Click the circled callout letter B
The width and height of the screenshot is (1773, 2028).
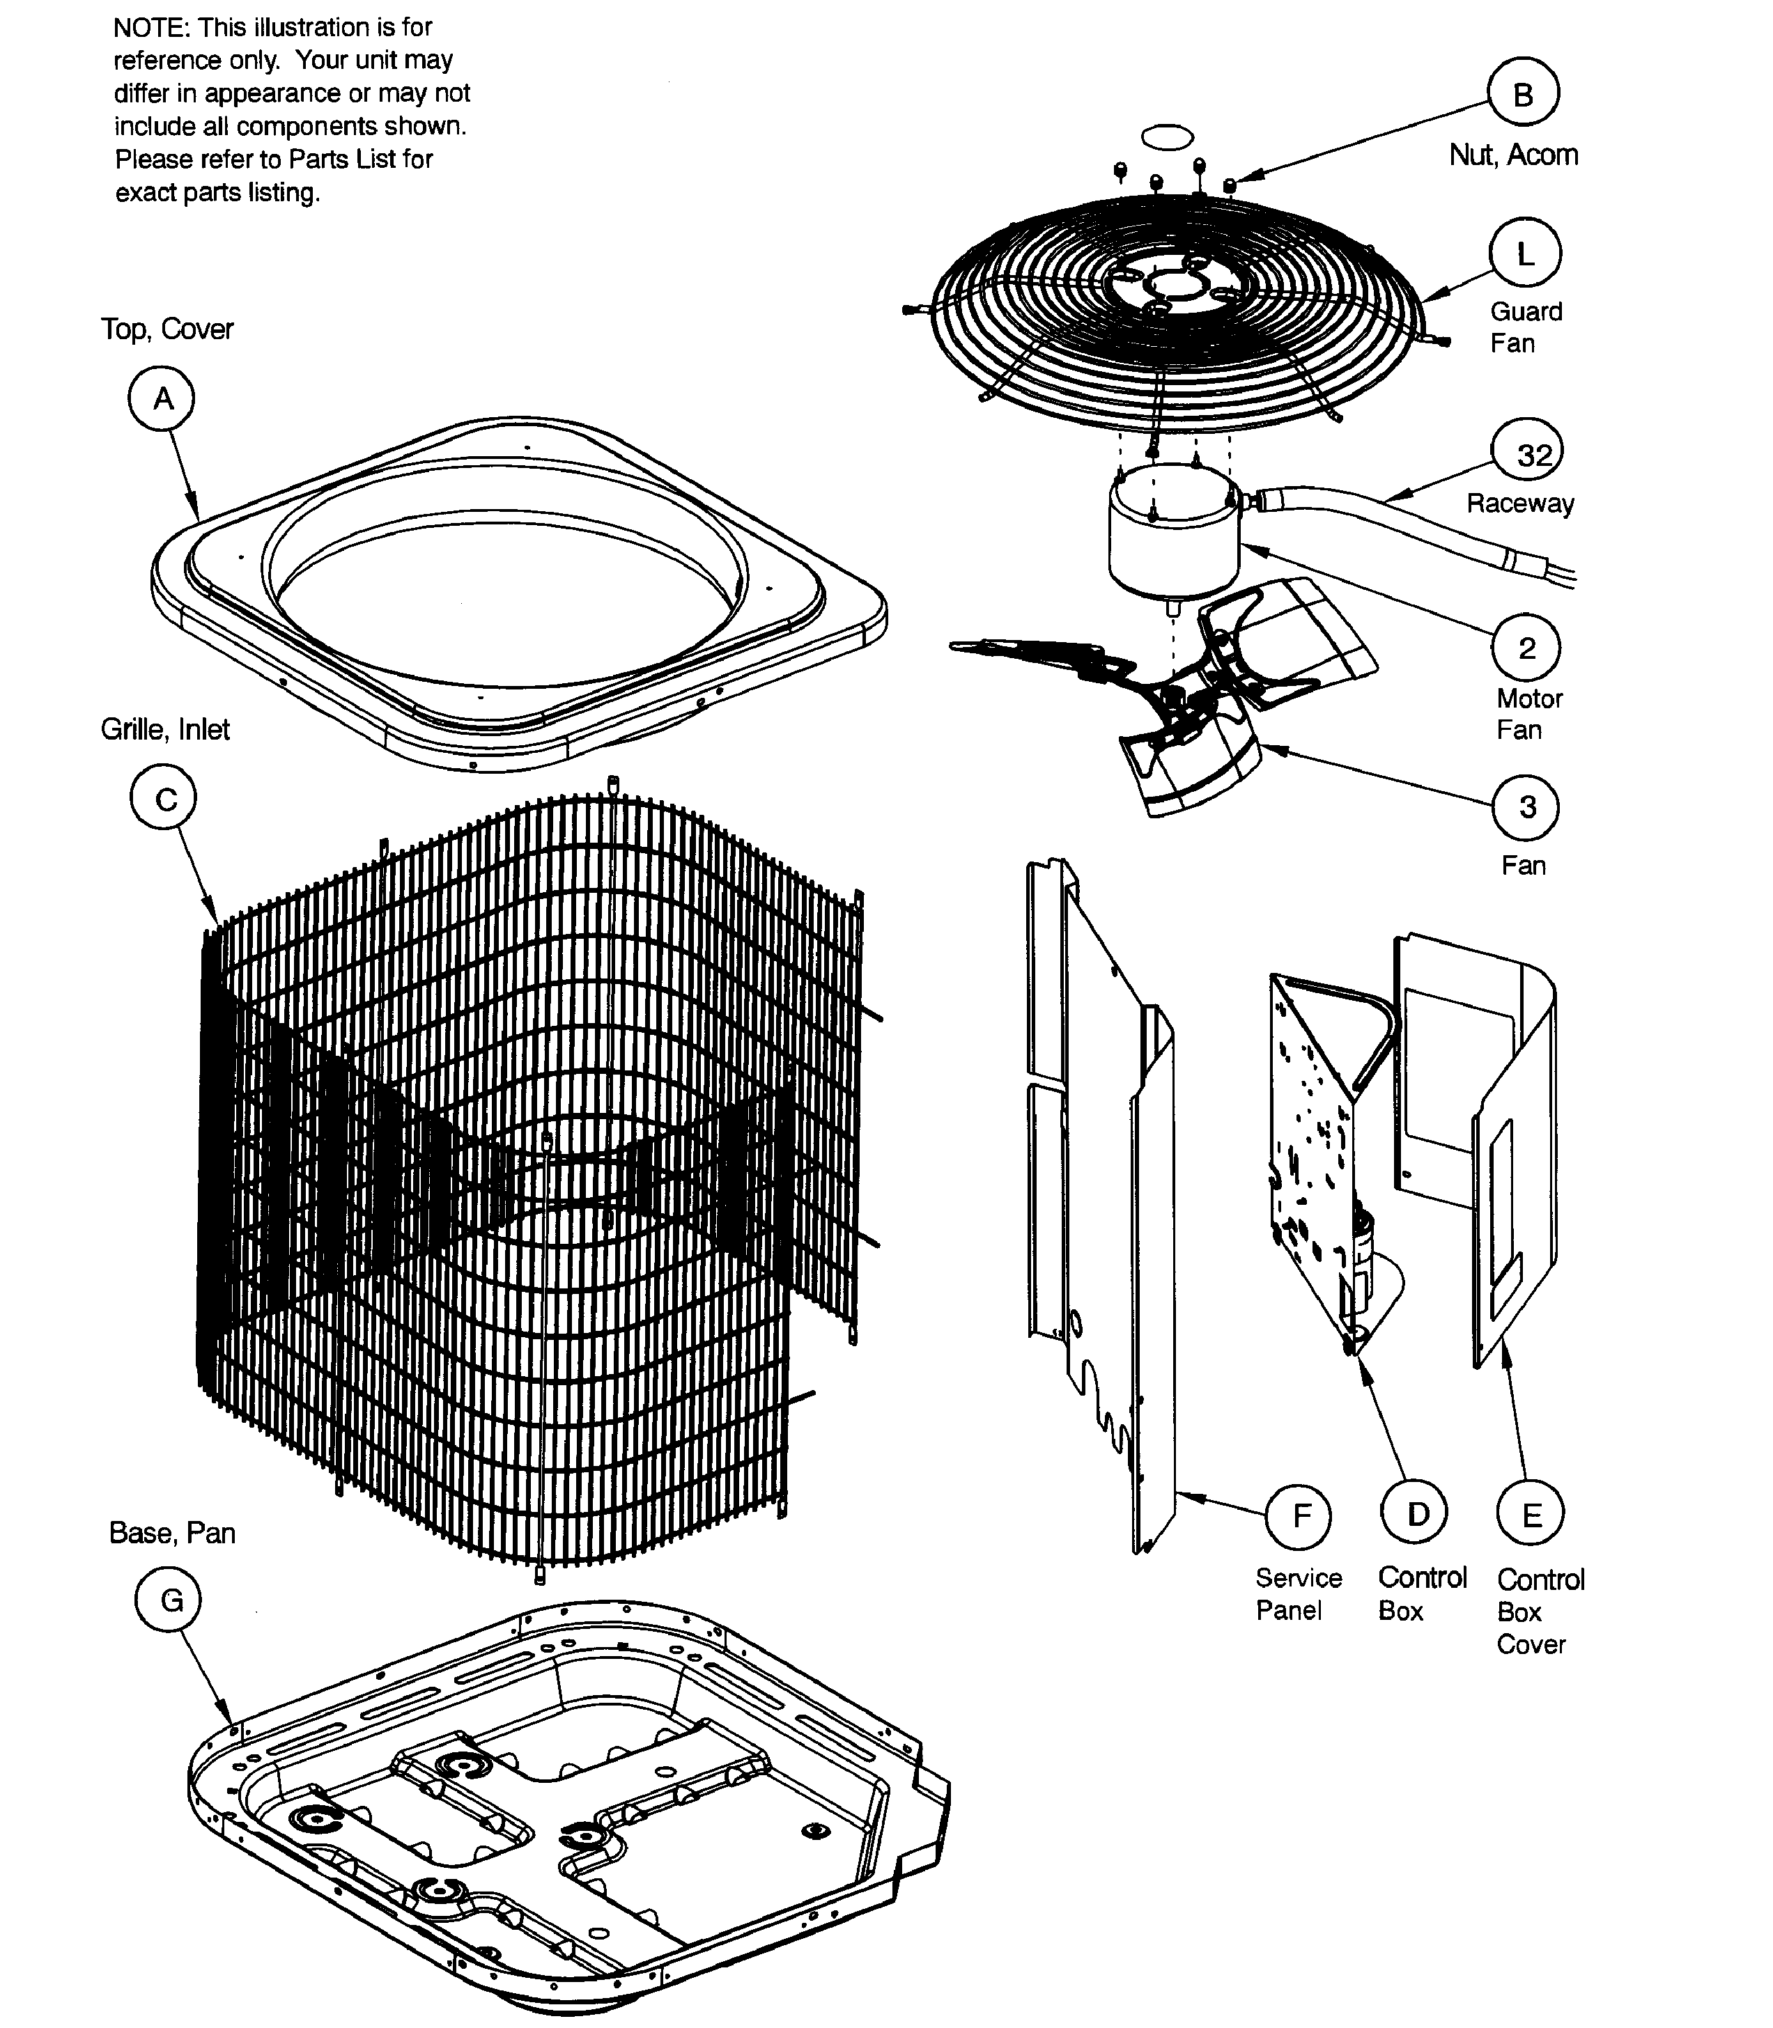tap(1523, 93)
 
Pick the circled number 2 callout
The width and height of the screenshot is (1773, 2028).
tap(1526, 648)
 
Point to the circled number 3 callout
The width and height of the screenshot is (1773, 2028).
tap(1526, 806)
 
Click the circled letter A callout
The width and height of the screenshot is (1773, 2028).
tap(161, 398)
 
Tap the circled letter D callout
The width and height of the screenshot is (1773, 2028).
tap(1415, 1513)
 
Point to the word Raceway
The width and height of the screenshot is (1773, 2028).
tap(1519, 504)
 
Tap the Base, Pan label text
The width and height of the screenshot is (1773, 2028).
tap(172, 1532)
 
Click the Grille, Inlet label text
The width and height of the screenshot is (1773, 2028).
tap(165, 729)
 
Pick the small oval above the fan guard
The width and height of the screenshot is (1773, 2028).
tap(1168, 136)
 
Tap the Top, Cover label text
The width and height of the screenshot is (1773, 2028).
tap(167, 329)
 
